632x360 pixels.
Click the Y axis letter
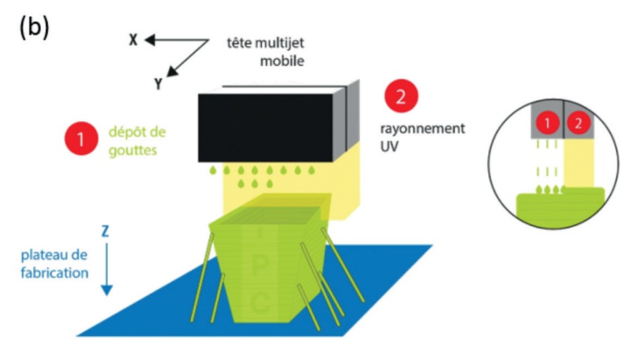pos(159,84)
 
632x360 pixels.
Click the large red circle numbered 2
pos(402,97)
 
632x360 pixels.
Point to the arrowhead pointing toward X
pos(149,40)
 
